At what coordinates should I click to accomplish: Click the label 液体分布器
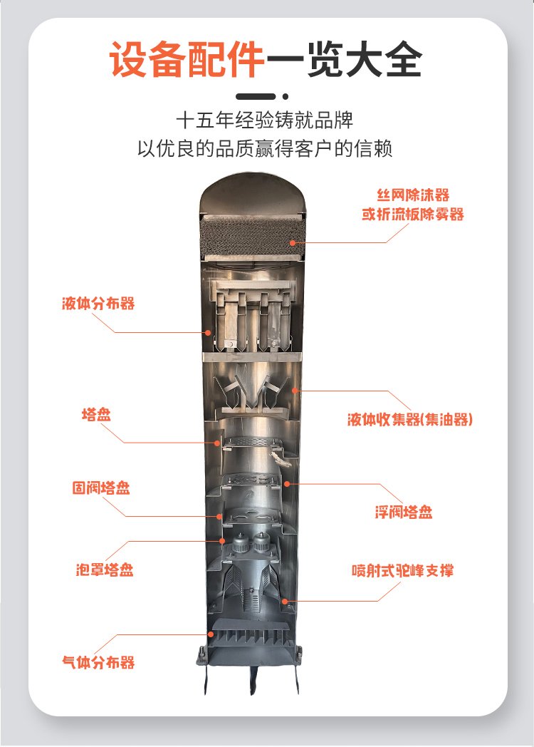[x=98, y=304]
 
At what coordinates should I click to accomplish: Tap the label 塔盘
[x=96, y=414]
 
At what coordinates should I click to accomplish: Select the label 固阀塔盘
[x=101, y=488]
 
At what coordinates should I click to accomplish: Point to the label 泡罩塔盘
[x=105, y=570]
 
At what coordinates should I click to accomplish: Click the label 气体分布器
[x=98, y=661]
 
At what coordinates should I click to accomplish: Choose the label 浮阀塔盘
[x=404, y=512]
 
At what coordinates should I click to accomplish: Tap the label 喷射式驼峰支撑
[x=403, y=570]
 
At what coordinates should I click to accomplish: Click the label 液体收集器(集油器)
[x=410, y=419]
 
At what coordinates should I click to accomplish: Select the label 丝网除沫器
[x=413, y=195]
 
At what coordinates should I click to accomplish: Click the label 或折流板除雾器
[x=413, y=215]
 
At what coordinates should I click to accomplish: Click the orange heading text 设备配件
[x=187, y=60]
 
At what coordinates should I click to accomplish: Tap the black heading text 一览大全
[x=344, y=60]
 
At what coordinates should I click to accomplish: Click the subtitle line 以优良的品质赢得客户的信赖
[x=265, y=149]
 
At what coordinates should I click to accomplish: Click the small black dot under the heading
[x=286, y=96]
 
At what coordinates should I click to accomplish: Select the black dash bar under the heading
[x=256, y=96]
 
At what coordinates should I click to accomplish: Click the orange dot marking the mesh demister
[x=293, y=242]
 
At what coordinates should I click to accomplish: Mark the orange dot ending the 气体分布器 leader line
[x=210, y=634]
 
